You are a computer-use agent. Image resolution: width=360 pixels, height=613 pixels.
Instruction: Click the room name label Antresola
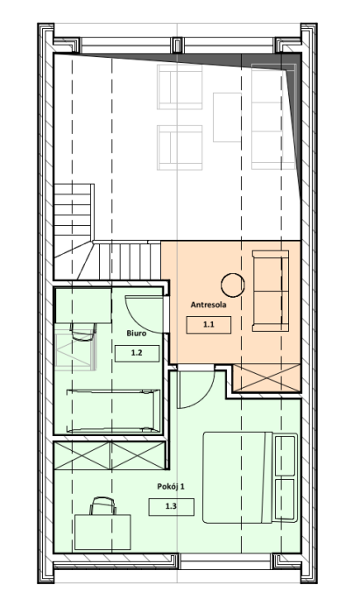(x=208, y=305)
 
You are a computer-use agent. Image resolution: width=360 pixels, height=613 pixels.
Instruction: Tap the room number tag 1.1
(x=208, y=325)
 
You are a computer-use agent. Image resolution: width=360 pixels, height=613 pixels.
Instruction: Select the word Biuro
(x=137, y=333)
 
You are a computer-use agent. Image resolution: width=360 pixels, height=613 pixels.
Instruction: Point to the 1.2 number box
(x=138, y=353)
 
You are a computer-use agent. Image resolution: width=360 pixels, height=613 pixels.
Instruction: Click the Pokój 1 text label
(x=171, y=487)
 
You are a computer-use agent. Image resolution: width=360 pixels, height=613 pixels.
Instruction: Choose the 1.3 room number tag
(x=172, y=507)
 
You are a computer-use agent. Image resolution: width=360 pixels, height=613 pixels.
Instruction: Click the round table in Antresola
(x=233, y=285)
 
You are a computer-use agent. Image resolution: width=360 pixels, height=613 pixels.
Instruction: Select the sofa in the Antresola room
(x=271, y=292)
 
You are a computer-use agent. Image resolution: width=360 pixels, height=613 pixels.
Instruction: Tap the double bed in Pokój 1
(x=250, y=477)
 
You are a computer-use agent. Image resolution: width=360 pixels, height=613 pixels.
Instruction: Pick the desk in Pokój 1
(x=102, y=532)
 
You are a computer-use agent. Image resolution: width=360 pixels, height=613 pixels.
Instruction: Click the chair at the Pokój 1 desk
(x=103, y=506)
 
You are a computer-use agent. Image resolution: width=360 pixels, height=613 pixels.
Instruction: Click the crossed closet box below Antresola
(x=266, y=378)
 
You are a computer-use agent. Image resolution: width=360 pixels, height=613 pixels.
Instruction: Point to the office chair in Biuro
(x=83, y=332)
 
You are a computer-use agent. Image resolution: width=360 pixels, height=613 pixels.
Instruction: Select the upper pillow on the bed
(x=285, y=456)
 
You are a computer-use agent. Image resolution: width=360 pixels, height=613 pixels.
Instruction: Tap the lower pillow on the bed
(x=285, y=499)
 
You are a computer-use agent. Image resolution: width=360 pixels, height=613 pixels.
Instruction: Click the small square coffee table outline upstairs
(x=227, y=117)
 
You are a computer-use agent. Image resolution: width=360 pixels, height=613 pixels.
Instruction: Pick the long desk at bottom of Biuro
(x=113, y=411)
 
